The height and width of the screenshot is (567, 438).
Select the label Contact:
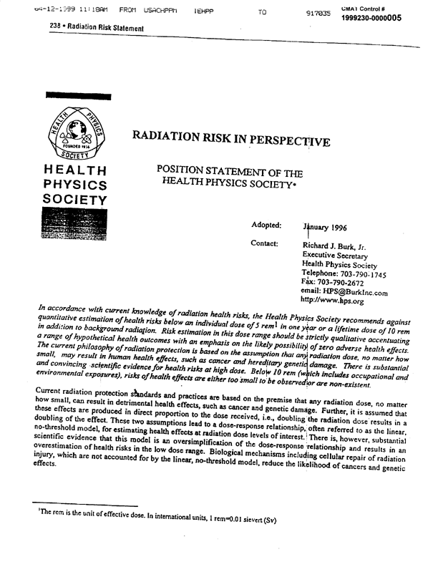[x=264, y=243]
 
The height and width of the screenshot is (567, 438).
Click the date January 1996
[x=326, y=228]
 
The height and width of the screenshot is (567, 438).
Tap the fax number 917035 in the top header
[x=318, y=13]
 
